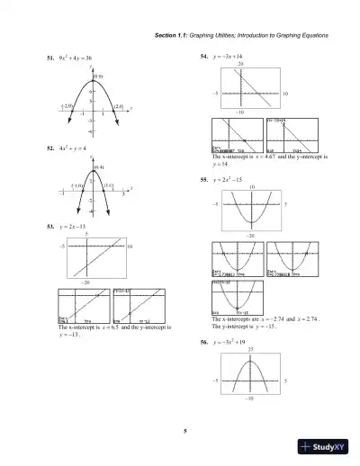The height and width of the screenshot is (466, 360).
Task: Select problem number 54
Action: [x=204, y=58]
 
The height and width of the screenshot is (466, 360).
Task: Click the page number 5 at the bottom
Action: [x=184, y=435]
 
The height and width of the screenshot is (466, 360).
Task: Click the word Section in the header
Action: [x=167, y=35]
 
